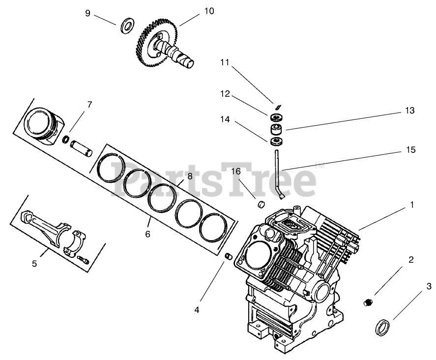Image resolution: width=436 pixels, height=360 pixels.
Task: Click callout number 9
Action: (88, 13)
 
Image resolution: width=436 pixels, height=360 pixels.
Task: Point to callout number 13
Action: (410, 111)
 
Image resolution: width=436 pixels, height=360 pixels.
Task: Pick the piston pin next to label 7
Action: (81, 147)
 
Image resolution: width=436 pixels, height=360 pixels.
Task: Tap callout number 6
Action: (147, 234)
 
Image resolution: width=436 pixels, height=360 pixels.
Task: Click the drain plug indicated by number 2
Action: (367, 302)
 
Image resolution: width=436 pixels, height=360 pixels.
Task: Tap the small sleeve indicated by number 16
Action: (262, 203)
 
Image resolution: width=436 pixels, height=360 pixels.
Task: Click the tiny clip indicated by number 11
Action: (277, 107)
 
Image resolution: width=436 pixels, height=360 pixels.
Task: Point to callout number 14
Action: (225, 119)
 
